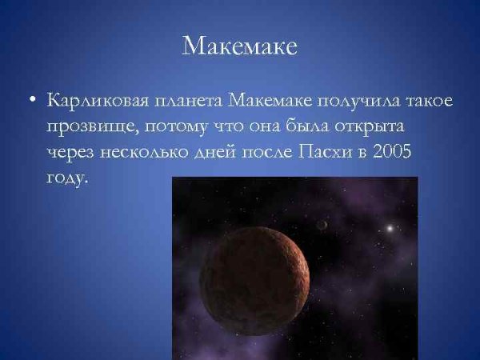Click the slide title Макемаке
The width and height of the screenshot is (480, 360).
click(x=240, y=46)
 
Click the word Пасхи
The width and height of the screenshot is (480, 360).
click(x=335, y=153)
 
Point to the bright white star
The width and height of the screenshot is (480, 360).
click(x=390, y=229)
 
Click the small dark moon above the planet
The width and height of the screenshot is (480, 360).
click(x=322, y=225)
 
